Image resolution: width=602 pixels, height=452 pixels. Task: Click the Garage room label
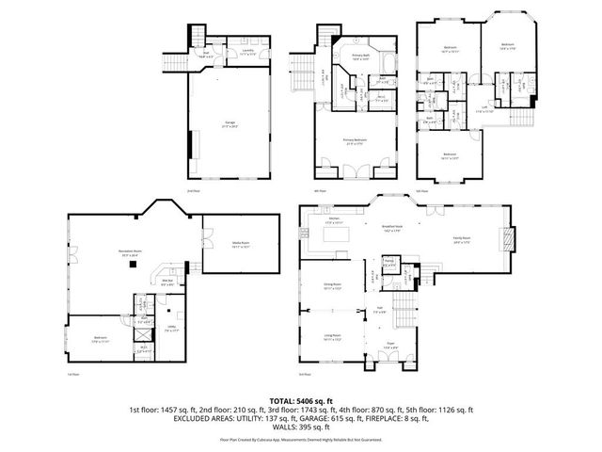point(229,125)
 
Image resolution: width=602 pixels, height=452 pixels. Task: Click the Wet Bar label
point(168,281)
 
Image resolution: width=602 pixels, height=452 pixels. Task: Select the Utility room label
point(171,330)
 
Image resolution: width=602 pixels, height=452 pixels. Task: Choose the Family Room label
point(462,241)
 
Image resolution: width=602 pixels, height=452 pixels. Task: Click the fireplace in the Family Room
point(509,241)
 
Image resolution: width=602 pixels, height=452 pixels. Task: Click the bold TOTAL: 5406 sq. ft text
point(302,400)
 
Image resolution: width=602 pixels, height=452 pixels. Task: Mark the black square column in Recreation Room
point(135,265)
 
